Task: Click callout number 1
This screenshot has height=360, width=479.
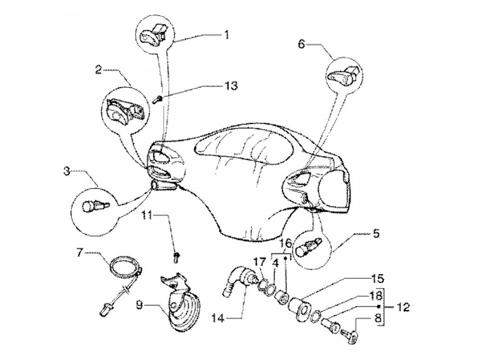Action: click(226, 35)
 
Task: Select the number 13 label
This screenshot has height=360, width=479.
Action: click(231, 86)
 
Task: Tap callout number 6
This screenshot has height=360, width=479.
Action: click(301, 45)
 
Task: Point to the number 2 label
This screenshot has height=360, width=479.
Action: click(98, 71)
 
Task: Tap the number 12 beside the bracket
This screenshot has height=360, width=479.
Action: click(401, 307)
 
